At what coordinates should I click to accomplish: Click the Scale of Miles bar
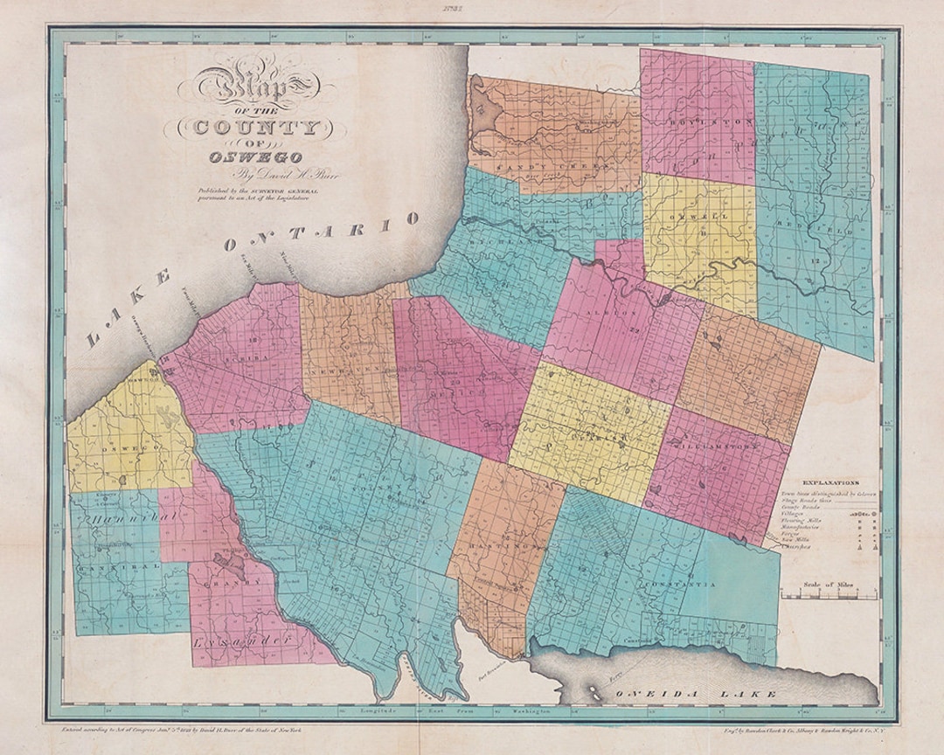[826, 596]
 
